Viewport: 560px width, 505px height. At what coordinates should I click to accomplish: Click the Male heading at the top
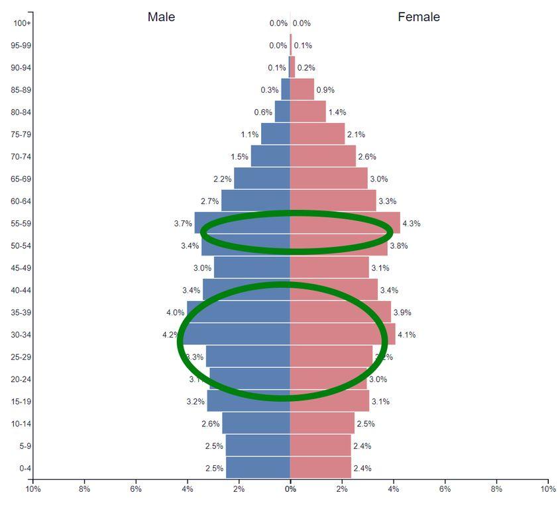(161, 17)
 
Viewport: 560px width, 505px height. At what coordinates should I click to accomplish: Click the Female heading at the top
(418, 17)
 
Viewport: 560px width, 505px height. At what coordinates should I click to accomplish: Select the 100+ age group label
(22, 23)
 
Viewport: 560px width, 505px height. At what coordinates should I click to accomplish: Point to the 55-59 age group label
(22, 224)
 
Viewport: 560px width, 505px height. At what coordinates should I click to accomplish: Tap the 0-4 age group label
(25, 469)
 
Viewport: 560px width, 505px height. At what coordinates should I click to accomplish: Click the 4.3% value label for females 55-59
(411, 224)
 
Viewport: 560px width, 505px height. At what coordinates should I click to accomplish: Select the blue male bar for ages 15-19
(249, 402)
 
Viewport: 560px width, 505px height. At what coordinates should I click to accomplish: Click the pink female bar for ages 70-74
(323, 157)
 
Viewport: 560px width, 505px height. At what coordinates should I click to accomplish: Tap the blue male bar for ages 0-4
(258, 469)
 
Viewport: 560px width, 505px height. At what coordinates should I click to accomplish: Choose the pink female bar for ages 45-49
(329, 268)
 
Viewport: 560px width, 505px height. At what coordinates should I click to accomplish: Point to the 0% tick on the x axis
(290, 489)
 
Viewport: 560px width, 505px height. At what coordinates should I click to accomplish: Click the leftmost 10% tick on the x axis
(33, 489)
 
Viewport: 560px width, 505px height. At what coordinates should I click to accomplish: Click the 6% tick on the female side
(445, 489)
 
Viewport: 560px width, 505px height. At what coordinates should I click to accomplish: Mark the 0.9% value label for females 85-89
(325, 90)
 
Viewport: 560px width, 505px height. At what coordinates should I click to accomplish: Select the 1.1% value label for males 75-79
(249, 134)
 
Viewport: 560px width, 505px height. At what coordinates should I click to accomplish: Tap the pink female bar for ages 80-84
(308, 113)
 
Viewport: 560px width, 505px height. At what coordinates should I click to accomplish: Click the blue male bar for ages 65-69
(262, 179)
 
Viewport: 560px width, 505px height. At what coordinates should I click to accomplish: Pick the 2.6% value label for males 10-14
(210, 424)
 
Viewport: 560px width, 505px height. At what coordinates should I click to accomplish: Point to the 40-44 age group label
(22, 291)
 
